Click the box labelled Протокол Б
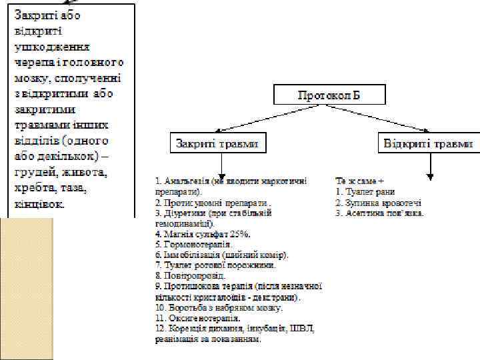pyautogui.click(x=329, y=95)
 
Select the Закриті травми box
pyautogui.click(x=216, y=143)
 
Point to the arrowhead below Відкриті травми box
pyautogui.click(x=431, y=176)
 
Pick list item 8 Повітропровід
pyautogui.click(x=190, y=275)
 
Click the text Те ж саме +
pyautogui.click(x=361, y=180)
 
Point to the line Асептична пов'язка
pyautogui.click(x=380, y=213)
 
